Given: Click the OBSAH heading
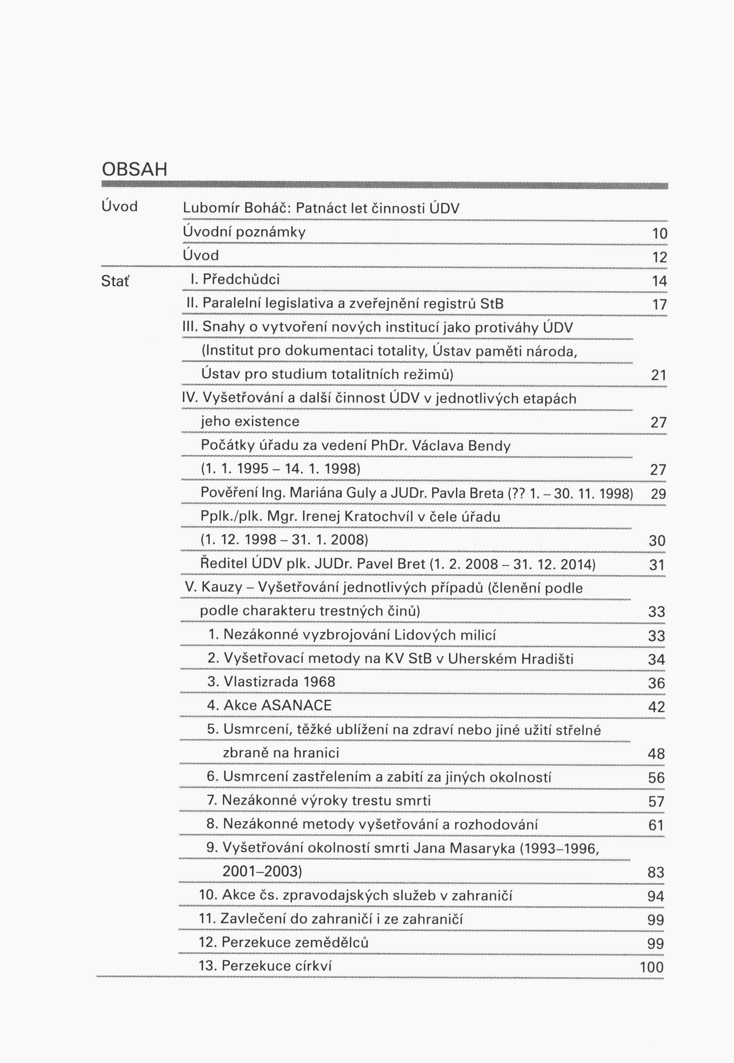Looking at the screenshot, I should [134, 170].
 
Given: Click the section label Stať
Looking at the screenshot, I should [115, 281].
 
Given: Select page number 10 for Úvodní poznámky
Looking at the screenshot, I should [660, 233].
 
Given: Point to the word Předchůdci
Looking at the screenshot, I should [241, 280].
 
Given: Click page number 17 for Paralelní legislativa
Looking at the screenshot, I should [660, 304].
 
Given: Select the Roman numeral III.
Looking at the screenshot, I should [190, 327].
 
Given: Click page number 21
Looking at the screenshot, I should [659, 376].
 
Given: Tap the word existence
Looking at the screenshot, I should [250, 421].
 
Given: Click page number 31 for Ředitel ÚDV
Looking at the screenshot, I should [657, 565].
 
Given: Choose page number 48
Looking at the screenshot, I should [656, 754].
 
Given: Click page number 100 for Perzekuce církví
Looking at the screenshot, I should [652, 967].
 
